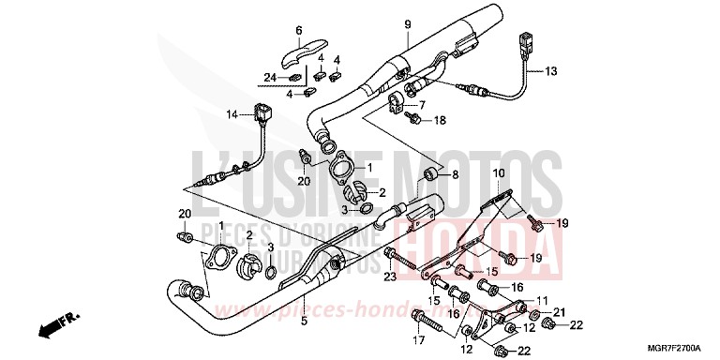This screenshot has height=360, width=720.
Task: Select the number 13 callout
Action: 550,70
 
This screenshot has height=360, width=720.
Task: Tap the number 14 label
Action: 232,114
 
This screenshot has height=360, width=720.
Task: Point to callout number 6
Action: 299,29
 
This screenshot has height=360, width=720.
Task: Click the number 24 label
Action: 269,77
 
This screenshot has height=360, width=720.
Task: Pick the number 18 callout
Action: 439,121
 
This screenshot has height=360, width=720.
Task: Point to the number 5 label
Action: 303,322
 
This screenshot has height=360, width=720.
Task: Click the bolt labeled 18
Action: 414,119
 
